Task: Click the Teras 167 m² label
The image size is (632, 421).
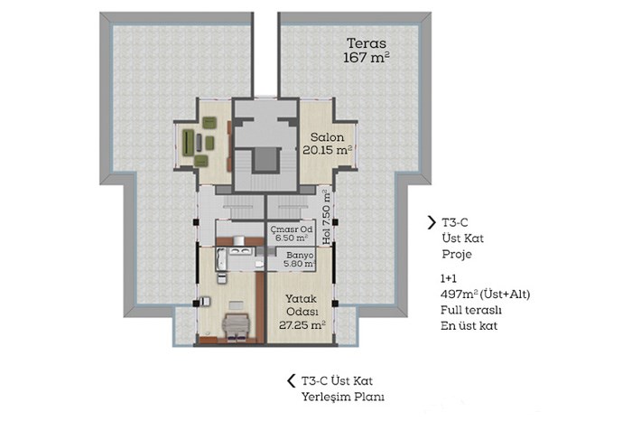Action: point(367,50)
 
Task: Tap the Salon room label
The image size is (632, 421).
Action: point(327,137)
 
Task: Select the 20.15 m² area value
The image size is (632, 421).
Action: point(327,150)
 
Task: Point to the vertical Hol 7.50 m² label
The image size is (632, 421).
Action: point(327,217)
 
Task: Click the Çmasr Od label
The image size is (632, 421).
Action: point(292,229)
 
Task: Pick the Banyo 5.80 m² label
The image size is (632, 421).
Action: point(299,259)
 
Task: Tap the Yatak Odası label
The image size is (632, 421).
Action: point(302,305)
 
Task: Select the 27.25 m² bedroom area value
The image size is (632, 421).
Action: point(302,325)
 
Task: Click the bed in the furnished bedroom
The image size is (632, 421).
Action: point(237,326)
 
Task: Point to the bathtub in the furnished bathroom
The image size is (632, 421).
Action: point(222,259)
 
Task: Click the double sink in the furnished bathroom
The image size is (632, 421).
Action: point(241,251)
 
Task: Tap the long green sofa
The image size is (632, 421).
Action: point(188,143)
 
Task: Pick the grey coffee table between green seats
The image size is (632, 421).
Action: point(199,143)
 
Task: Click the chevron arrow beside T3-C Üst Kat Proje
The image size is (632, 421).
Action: point(432,222)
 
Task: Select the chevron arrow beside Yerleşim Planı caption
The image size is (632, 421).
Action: point(291,380)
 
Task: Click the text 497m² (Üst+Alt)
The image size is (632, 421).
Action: point(486,295)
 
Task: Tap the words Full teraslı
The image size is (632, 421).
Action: point(470,310)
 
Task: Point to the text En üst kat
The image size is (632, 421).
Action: point(469,326)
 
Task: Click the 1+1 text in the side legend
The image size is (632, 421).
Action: point(449,278)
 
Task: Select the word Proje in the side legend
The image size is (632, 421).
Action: point(457,255)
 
